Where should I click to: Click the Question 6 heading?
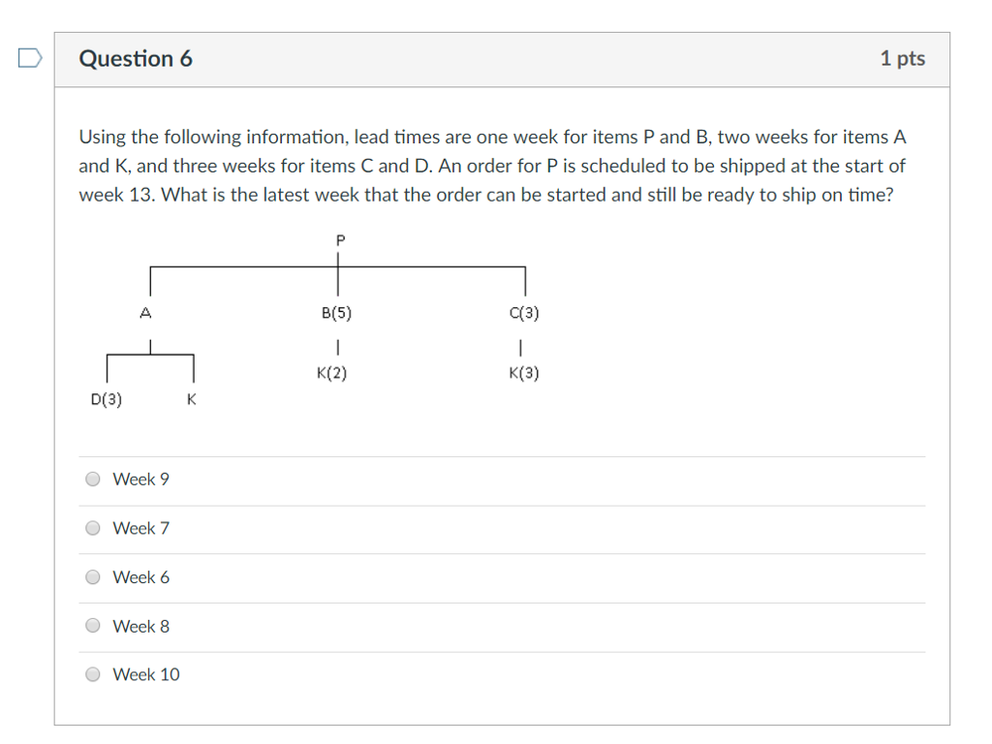136,59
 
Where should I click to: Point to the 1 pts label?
902,59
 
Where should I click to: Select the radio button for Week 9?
93,479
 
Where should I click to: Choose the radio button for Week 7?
93,528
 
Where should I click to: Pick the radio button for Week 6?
93,577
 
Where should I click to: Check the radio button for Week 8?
93,626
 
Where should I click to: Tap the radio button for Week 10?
93,674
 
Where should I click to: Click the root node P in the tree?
339,239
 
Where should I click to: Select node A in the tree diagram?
146,313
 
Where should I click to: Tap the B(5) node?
336,314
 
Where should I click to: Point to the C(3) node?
523,314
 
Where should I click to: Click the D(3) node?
106,399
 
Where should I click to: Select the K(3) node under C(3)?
523,374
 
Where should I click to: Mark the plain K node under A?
192,399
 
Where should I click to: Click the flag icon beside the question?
30,59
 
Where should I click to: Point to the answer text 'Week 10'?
146,674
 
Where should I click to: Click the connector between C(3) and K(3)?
522,345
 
